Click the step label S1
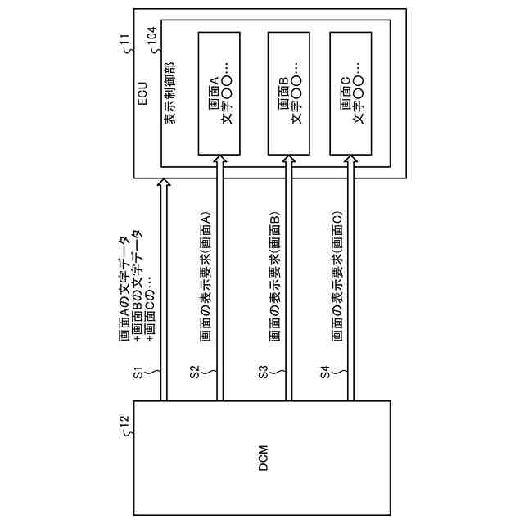coord(138,373)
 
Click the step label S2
coord(195,373)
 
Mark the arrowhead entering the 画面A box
coord(220,160)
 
